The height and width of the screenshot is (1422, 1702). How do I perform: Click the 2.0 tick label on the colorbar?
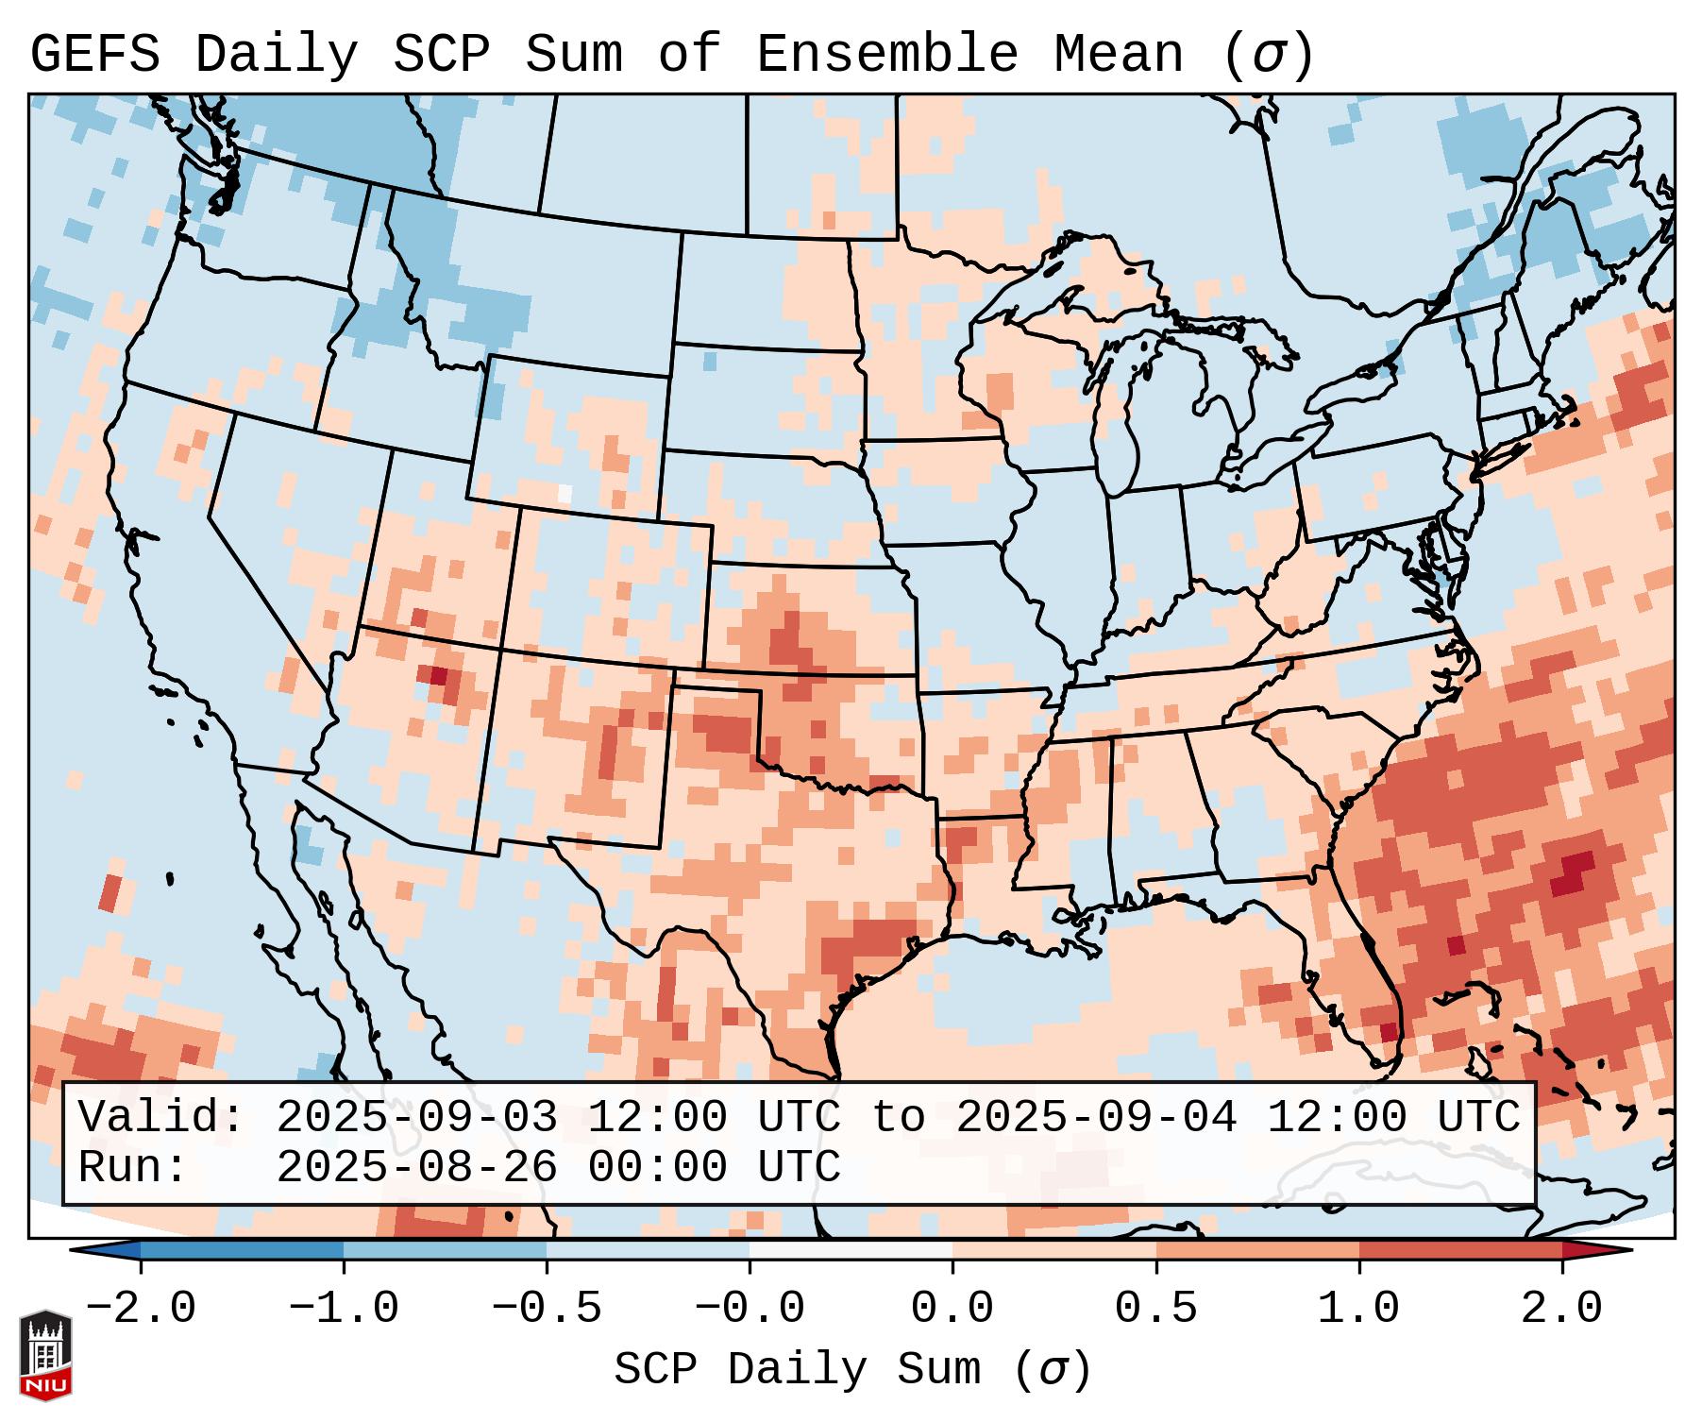[x=1561, y=1308]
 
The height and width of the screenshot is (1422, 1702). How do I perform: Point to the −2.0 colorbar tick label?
[x=140, y=1308]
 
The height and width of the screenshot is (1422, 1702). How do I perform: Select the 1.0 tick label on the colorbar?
[x=1358, y=1308]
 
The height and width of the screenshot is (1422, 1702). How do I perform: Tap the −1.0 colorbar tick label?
[x=343, y=1308]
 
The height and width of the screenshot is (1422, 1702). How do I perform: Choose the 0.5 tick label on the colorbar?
[x=1155, y=1308]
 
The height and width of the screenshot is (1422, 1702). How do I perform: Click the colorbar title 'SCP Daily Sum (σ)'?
[x=852, y=1369]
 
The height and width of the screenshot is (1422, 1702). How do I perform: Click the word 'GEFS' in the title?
[x=94, y=55]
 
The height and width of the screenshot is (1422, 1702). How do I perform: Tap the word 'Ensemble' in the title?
[x=886, y=55]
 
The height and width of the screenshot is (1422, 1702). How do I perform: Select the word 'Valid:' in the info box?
[x=161, y=1117]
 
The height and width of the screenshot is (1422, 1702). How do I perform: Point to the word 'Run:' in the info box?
[x=133, y=1167]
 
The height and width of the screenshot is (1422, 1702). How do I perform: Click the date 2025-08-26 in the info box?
[x=416, y=1167]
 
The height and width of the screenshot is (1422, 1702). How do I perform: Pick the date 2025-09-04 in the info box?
[x=1096, y=1117]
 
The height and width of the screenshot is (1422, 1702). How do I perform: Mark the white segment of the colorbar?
[x=851, y=1249]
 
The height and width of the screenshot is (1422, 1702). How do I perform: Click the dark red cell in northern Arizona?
[x=438, y=675]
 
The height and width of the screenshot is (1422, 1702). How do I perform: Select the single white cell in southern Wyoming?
[x=565, y=493]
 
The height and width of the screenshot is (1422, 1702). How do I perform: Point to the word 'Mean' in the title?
[x=1118, y=55]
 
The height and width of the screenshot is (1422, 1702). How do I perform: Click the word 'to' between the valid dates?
[x=898, y=1117]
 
